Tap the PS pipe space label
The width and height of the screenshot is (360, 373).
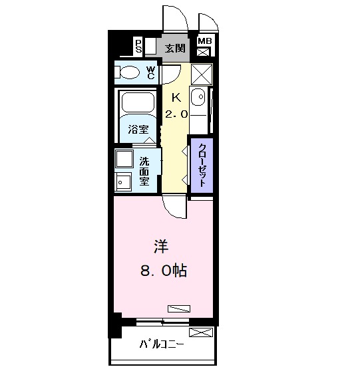pyautogui.click(x=138, y=45)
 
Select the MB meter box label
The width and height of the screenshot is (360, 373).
pyautogui.click(x=204, y=41)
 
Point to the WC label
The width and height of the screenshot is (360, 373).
pyautogui.click(x=151, y=72)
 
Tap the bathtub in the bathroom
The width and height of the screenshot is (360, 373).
pyautogui.click(x=138, y=104)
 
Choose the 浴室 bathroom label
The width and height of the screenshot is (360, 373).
pyautogui.click(x=138, y=130)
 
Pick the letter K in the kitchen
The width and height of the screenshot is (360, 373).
pyautogui.click(x=176, y=97)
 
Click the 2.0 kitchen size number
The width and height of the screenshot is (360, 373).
pyautogui.click(x=176, y=114)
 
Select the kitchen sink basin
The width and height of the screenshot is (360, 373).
pyautogui.click(x=198, y=98)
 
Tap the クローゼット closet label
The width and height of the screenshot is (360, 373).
pyautogui.click(x=201, y=166)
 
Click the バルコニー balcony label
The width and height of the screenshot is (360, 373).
pyautogui.click(x=162, y=344)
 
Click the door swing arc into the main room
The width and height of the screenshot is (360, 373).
pyautogui.click(x=174, y=207)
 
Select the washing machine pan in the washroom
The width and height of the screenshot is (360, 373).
pyautogui.click(x=124, y=160)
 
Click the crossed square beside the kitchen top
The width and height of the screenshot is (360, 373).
pyautogui.click(x=201, y=72)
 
